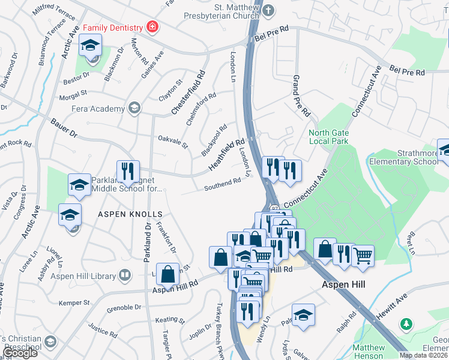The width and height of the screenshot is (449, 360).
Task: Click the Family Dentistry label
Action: click(x=113, y=28)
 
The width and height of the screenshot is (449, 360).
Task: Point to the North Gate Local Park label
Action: click(x=328, y=137)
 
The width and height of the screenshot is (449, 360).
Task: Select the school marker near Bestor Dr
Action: click(x=91, y=46)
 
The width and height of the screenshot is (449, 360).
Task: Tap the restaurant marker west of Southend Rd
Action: click(x=128, y=172)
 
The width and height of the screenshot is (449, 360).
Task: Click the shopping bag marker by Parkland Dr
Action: click(x=167, y=275)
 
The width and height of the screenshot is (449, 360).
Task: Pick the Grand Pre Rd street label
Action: click(x=300, y=96)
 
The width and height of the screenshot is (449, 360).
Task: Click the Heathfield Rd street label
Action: click(x=226, y=154)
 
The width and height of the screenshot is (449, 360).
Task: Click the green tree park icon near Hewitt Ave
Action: click(x=406, y=324)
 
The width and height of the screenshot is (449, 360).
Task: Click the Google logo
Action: click(x=20, y=353)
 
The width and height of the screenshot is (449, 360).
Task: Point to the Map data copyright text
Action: click(x=423, y=355)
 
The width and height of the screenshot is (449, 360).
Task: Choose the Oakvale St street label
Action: click(x=173, y=142)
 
